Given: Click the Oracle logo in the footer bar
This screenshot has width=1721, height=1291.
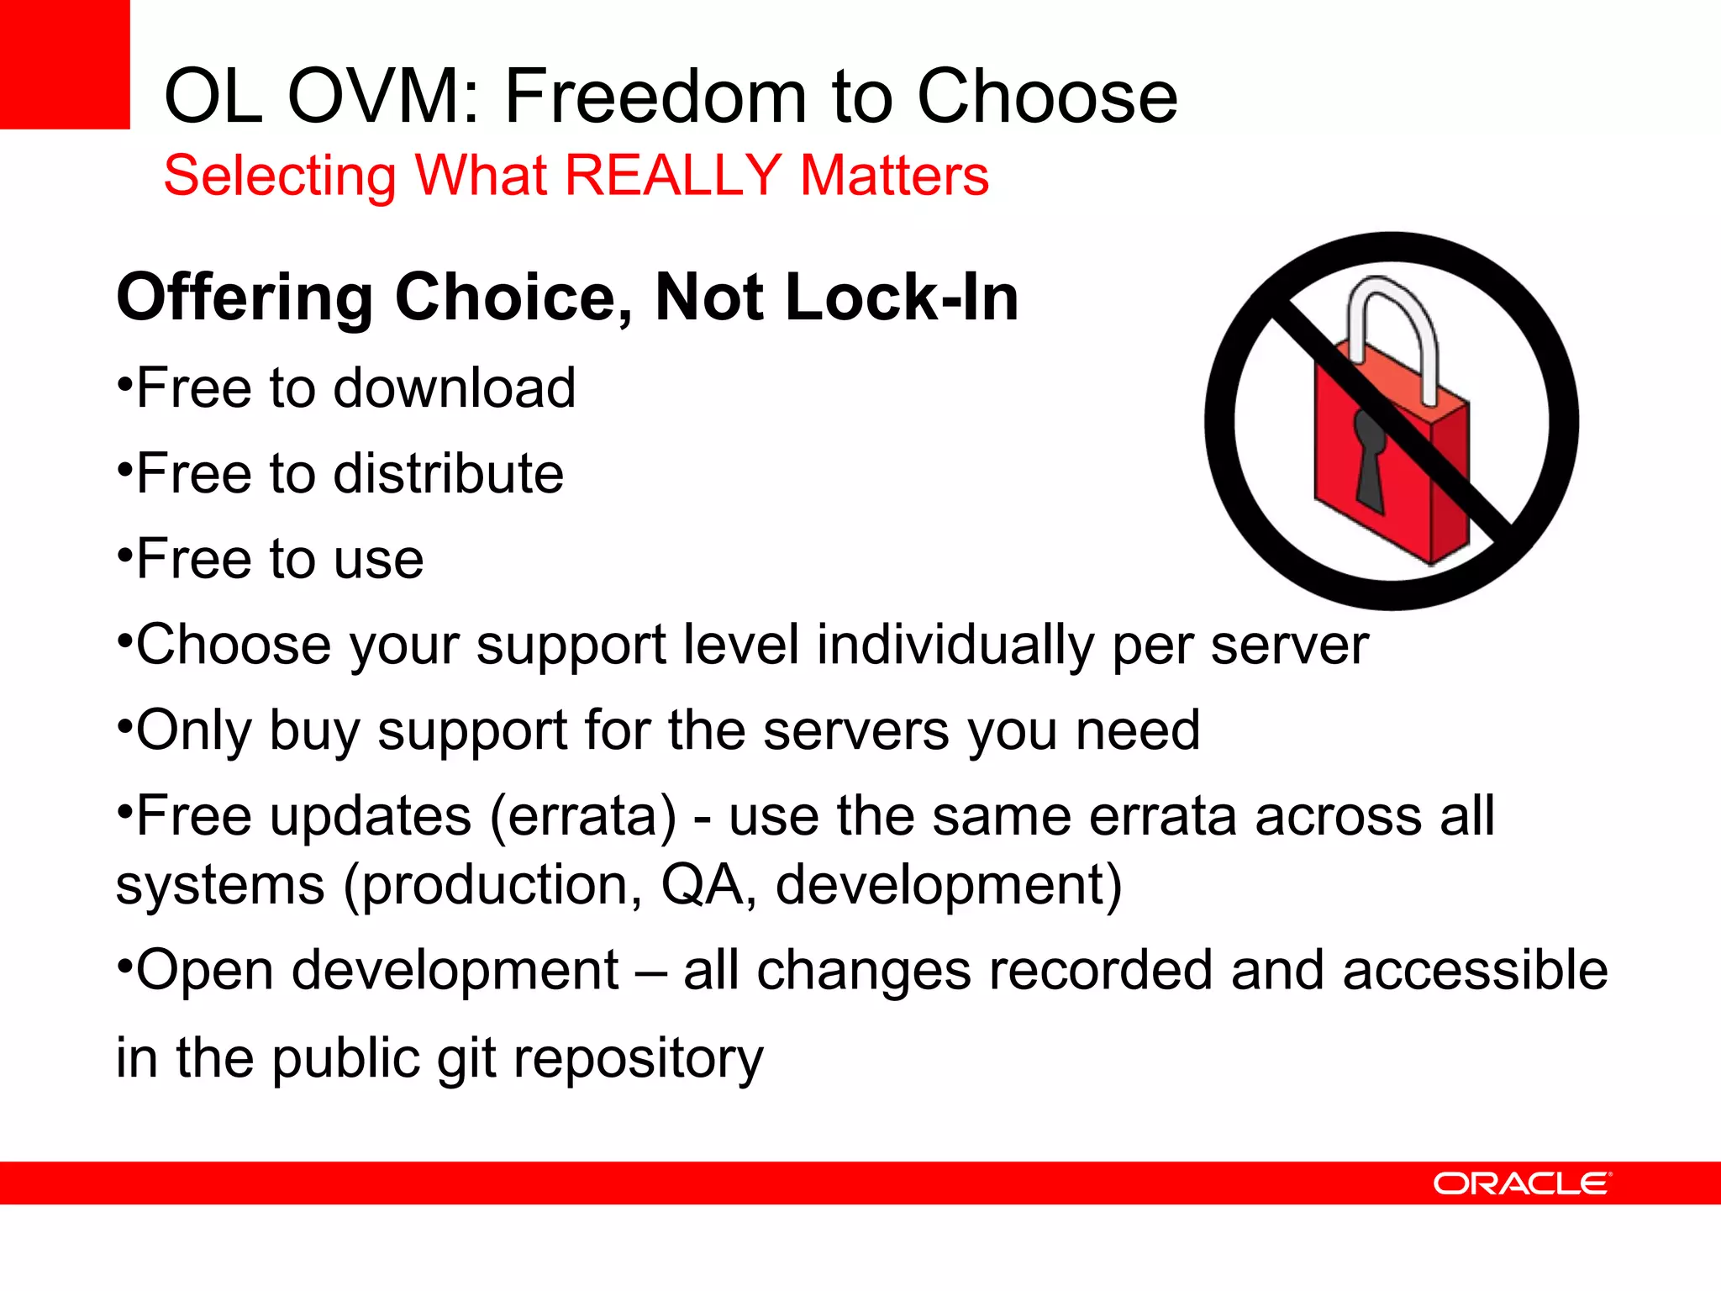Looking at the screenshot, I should (1522, 1183).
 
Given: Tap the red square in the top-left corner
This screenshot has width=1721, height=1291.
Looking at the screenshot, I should (64, 64).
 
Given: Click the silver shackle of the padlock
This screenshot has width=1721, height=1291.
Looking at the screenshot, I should (1395, 328).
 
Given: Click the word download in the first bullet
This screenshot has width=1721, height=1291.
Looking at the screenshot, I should (455, 388).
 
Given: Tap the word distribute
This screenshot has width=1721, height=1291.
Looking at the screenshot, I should (449, 474).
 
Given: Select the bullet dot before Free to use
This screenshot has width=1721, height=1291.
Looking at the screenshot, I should (124, 556).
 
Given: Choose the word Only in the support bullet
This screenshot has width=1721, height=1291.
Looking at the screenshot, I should (193, 730).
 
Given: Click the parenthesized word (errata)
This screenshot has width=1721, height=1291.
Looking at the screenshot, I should (582, 816).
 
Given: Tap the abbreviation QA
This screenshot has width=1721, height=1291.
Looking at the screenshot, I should (702, 885).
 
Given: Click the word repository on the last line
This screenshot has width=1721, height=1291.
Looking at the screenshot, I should (638, 1058).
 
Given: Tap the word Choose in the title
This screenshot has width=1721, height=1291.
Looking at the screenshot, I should (1047, 97).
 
